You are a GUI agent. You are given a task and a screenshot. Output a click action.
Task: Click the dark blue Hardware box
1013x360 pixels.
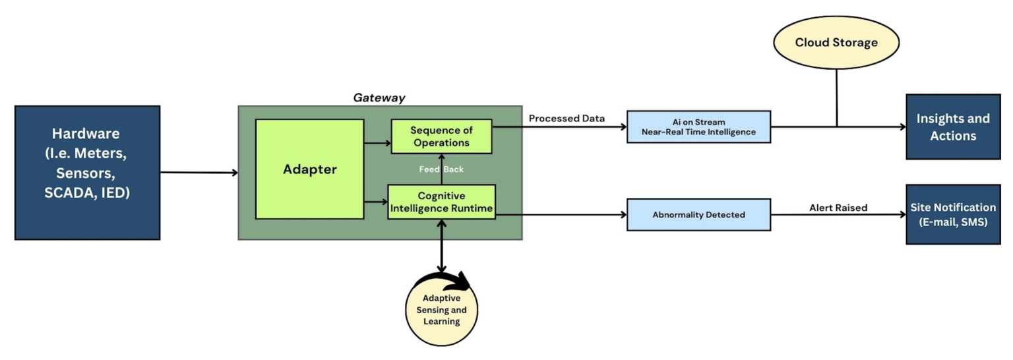(x=87, y=172)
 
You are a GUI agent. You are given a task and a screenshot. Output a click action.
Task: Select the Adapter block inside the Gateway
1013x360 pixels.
(x=309, y=169)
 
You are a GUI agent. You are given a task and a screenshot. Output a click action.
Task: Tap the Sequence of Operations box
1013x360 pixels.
(x=441, y=136)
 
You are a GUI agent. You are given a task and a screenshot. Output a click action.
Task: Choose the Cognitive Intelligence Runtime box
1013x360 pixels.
(x=441, y=202)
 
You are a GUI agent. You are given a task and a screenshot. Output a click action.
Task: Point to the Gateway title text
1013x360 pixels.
(x=379, y=98)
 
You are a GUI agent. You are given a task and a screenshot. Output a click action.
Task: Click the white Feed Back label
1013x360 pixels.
(x=441, y=169)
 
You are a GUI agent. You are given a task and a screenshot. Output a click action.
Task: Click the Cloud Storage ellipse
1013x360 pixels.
(x=836, y=43)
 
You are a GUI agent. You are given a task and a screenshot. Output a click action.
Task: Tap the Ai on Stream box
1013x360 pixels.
(x=698, y=127)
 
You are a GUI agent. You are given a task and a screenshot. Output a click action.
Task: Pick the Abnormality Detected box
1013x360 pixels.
(x=698, y=214)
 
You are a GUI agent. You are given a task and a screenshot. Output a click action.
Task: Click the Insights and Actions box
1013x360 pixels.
(x=952, y=127)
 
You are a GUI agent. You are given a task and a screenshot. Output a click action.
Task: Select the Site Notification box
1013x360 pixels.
(x=952, y=214)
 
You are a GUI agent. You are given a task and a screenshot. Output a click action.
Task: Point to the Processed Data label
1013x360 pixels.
(x=567, y=119)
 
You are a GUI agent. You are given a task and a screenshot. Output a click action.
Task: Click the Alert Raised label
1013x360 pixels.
(x=838, y=208)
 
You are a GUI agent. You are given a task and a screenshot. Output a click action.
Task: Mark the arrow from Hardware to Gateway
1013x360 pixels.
(x=198, y=173)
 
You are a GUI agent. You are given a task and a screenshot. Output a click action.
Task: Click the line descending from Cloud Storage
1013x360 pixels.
(x=836, y=98)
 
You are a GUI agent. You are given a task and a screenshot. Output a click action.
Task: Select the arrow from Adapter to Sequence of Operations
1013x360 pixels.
(x=377, y=142)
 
